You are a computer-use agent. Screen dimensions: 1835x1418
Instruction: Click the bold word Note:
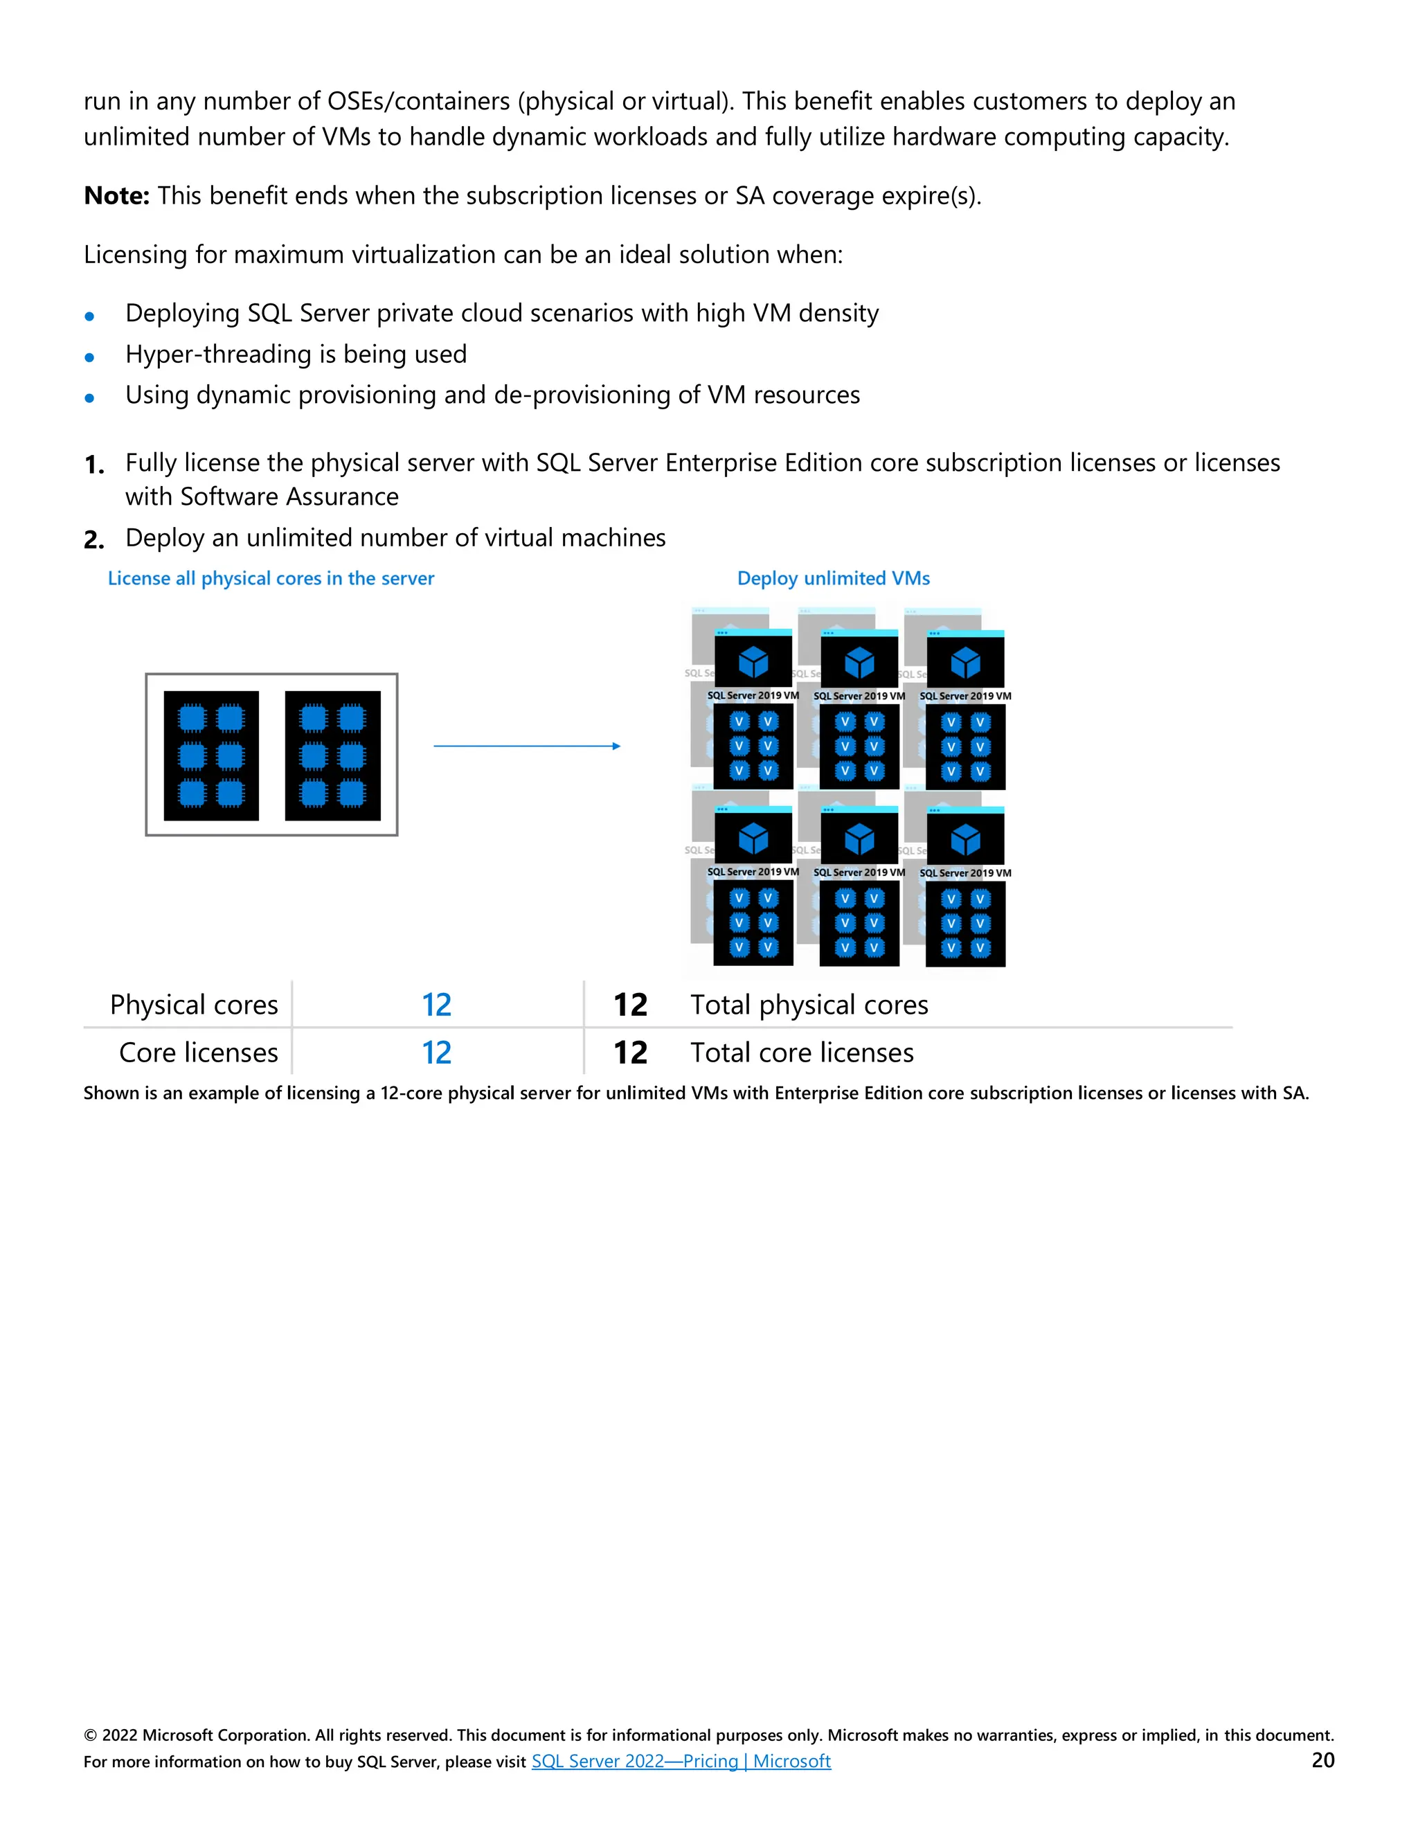116,196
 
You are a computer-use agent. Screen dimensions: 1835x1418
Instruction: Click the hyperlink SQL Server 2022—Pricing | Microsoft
681,1760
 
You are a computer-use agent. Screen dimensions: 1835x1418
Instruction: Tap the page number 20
1322,1760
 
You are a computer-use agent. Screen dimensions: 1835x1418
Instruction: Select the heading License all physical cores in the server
271,578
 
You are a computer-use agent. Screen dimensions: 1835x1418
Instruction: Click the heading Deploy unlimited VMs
834,578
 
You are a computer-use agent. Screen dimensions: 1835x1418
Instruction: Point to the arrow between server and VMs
527,745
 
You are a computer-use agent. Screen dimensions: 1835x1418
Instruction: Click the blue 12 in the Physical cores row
436,1004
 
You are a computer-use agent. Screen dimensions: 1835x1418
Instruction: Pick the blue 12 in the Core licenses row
436,1052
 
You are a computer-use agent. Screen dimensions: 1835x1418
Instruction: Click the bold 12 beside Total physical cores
630,1004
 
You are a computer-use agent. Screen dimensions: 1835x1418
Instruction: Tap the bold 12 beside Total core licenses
630,1052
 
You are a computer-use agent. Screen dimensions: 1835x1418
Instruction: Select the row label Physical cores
193,1004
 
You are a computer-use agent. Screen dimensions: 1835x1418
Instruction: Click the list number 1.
93,465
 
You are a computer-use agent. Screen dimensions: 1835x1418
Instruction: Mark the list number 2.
93,539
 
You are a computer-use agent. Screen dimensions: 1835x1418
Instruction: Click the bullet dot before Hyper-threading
89,357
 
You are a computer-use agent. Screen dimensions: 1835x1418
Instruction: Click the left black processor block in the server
211,755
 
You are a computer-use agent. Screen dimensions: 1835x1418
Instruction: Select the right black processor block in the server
332,755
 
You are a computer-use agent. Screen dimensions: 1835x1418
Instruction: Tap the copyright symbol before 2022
90,1735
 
